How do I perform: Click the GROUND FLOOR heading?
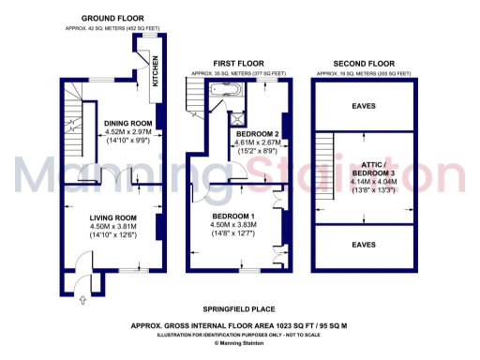112,18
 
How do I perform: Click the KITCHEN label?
157,73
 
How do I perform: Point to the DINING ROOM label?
128,123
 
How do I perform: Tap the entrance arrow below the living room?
81,299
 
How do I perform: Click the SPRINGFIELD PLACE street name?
239,308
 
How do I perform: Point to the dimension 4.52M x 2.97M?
128,132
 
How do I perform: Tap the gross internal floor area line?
239,325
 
